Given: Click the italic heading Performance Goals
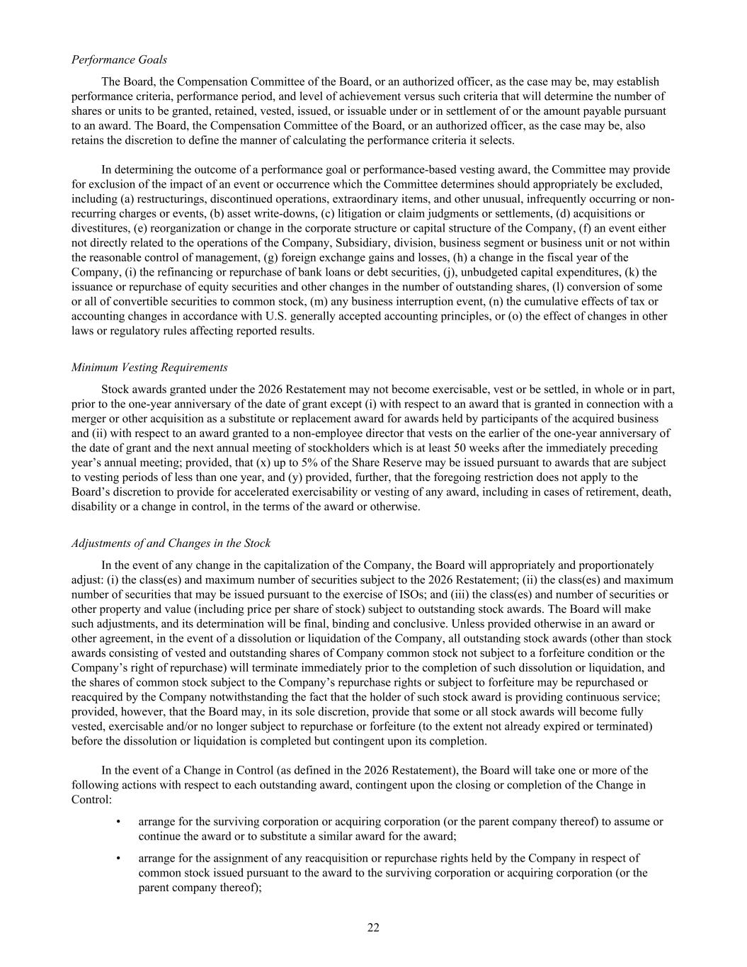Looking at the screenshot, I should point(119,60).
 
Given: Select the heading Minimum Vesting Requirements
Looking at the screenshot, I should point(149,367).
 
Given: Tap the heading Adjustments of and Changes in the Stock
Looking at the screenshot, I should point(171,543).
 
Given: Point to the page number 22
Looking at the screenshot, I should point(373,928).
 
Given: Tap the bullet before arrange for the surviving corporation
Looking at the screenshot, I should point(118,822).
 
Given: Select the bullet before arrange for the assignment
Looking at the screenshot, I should point(118,858).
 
